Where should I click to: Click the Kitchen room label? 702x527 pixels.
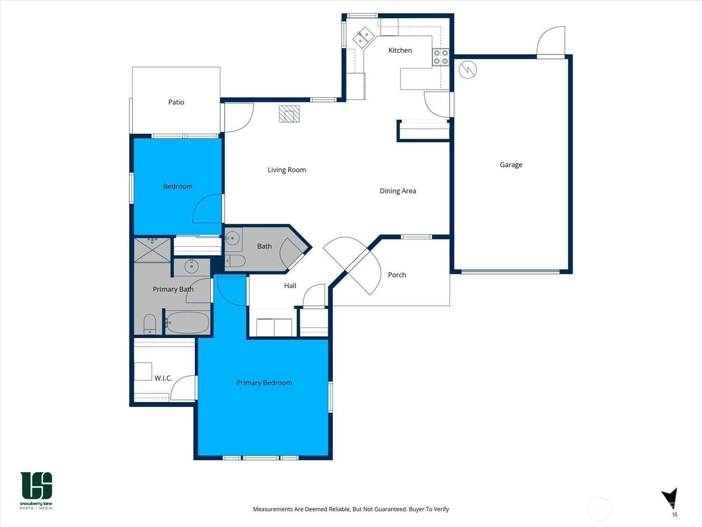coord(400,51)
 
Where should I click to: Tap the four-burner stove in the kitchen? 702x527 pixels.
coord(441,57)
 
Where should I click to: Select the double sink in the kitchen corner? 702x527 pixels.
coord(363,37)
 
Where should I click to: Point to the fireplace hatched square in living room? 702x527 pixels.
coord(289,114)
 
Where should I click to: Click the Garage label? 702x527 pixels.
coord(511,165)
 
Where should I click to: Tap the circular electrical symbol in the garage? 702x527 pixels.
coord(468,69)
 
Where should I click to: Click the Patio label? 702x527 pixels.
coord(176,102)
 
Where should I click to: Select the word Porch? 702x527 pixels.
coord(397,275)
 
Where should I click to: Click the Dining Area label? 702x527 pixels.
coord(398,191)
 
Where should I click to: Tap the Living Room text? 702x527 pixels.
coord(287,170)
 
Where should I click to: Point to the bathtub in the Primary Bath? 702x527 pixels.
coord(188,323)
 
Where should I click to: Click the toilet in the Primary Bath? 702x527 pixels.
coord(150,324)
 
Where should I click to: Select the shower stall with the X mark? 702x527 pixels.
coord(152,249)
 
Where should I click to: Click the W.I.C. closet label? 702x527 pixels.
coord(163,378)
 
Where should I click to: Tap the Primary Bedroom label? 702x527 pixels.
coord(264,383)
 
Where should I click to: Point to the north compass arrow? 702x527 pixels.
coord(670,498)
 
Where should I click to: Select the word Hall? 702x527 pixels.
coord(290,285)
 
